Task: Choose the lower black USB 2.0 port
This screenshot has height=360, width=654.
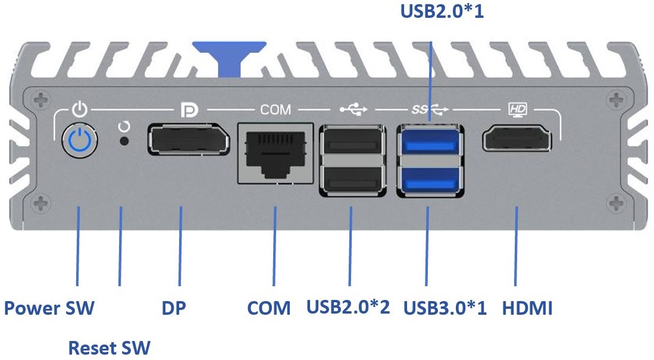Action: pyautogui.click(x=351, y=178)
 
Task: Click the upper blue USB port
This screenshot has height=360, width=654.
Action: pyautogui.click(x=429, y=142)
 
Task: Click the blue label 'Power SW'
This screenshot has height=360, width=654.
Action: pyautogui.click(x=49, y=309)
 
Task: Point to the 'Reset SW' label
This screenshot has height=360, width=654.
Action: pyautogui.click(x=109, y=348)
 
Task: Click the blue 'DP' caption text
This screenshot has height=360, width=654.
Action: pyautogui.click(x=174, y=309)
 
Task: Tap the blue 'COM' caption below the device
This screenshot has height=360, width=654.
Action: pyautogui.click(x=269, y=309)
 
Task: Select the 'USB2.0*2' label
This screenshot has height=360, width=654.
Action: pyautogui.click(x=348, y=308)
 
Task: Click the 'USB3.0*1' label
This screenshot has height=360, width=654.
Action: pyautogui.click(x=445, y=309)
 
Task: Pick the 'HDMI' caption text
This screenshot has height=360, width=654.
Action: pyautogui.click(x=527, y=309)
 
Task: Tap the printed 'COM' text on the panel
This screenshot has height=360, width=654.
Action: pyautogui.click(x=276, y=109)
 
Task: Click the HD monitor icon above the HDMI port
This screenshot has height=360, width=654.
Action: pyautogui.click(x=517, y=109)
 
